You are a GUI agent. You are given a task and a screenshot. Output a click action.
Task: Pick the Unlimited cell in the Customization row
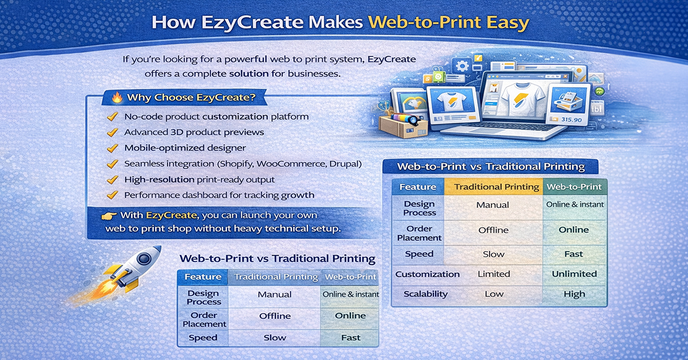[574, 274]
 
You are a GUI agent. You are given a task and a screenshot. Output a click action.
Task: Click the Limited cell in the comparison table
[494, 274]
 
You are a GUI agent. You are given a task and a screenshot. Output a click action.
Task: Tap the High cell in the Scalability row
[574, 294]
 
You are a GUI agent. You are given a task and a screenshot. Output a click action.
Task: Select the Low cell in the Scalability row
[494, 294]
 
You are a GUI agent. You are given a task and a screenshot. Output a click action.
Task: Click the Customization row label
[427, 274]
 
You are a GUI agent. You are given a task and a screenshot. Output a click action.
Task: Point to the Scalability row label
[425, 294]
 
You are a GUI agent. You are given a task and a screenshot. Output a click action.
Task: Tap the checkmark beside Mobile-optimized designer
[112, 148]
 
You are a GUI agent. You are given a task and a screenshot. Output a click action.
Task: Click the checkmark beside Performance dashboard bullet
[112, 195]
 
